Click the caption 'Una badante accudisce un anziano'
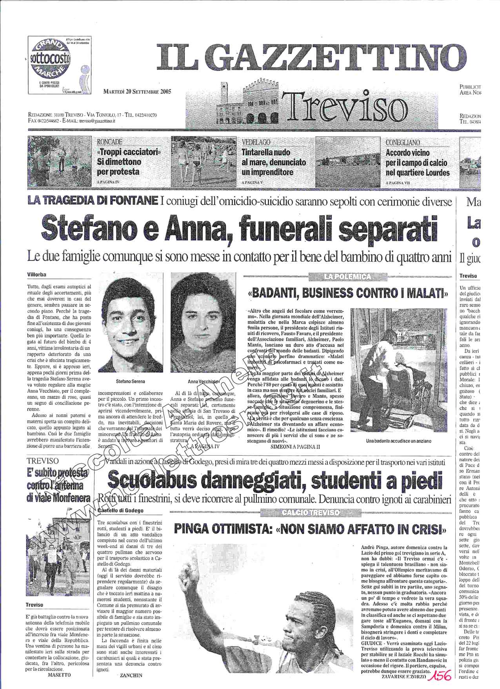398,441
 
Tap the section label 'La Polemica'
347,277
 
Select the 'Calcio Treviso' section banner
311,512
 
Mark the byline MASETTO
59,675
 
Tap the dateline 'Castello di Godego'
120,510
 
